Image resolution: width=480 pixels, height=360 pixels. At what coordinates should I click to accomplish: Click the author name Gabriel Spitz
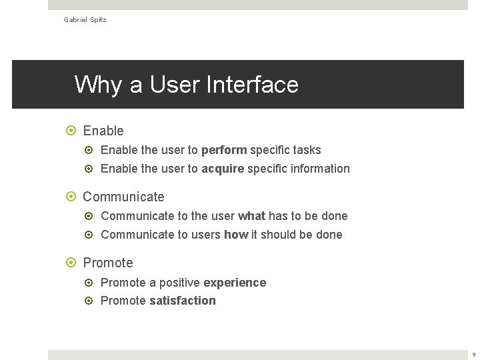pos(85,20)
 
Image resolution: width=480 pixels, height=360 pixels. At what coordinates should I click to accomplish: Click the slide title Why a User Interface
pos(186,85)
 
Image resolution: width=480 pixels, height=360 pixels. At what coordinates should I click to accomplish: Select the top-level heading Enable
pos(103,131)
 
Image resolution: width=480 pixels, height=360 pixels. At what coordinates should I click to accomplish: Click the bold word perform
pos(224,150)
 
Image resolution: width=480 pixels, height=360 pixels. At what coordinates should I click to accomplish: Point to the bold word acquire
pos(223,169)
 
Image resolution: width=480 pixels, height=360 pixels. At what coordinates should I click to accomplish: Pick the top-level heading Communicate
pos(123,197)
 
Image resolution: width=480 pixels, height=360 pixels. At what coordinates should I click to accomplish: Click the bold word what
pos(251,216)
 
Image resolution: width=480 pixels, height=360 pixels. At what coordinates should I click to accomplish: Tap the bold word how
pos(236,235)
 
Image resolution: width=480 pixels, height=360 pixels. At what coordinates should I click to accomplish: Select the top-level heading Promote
pos(108,263)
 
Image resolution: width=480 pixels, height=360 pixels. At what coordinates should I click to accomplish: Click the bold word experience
pos(235,283)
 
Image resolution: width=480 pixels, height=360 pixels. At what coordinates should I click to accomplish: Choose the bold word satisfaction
pos(183,301)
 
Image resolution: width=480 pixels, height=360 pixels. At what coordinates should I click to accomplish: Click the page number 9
pos(473,355)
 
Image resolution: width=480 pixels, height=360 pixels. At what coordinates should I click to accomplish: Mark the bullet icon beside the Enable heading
pos(73,131)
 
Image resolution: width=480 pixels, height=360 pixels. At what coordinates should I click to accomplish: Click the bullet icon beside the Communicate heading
pos(73,197)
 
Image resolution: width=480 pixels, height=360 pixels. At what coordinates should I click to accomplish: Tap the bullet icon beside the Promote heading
pos(73,263)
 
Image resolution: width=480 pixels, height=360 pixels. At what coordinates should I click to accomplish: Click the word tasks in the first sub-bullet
pos(307,150)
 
